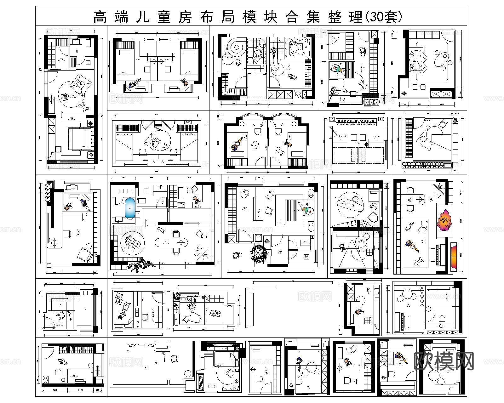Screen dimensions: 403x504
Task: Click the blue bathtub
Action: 130,208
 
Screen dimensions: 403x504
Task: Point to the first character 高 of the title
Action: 100,17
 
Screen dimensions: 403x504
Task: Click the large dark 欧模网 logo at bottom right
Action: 444,361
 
